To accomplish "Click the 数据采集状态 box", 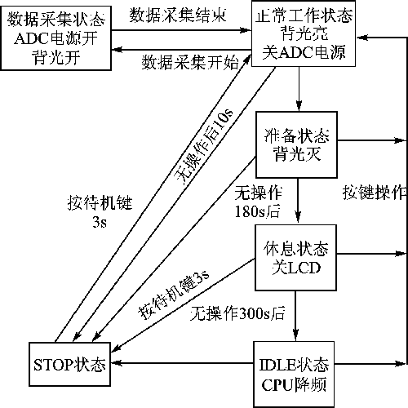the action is click(x=56, y=38).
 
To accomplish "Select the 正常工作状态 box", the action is click(x=304, y=33).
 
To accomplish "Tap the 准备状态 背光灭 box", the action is click(x=297, y=144).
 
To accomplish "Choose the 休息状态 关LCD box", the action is click(x=296, y=258).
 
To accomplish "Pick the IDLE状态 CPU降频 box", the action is click(x=294, y=375).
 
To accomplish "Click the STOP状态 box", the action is click(x=70, y=364).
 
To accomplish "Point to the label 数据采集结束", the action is click(x=178, y=15).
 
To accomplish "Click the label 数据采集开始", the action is click(x=190, y=63).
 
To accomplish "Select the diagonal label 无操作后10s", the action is click(x=204, y=148).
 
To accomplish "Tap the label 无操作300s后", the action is click(x=237, y=313).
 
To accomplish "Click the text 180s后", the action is click(x=257, y=211).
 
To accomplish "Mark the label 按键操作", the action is click(x=375, y=193).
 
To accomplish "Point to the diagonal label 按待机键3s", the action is click(x=174, y=295).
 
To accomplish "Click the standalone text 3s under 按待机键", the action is click(x=100, y=222).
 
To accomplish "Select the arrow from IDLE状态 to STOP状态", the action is click(x=182, y=363).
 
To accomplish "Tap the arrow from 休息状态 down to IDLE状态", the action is click(x=295, y=316).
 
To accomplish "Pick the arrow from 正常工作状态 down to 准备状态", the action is click(x=299, y=89).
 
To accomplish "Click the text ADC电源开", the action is click(x=55, y=38).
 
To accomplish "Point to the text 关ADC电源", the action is click(x=304, y=52).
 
